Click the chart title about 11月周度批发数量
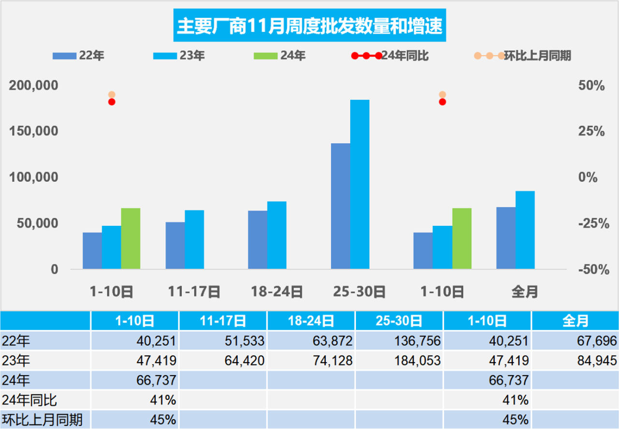click(x=309, y=26)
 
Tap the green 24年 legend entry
click(x=280, y=56)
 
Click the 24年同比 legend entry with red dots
click(x=390, y=56)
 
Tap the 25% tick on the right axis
click(x=592, y=132)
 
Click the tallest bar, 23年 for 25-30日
click(x=360, y=184)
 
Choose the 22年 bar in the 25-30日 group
click(x=340, y=206)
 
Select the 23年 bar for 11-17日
click(x=194, y=239)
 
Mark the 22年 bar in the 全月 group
click(x=506, y=237)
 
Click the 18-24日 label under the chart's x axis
click(x=277, y=292)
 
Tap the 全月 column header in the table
click(x=575, y=321)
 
